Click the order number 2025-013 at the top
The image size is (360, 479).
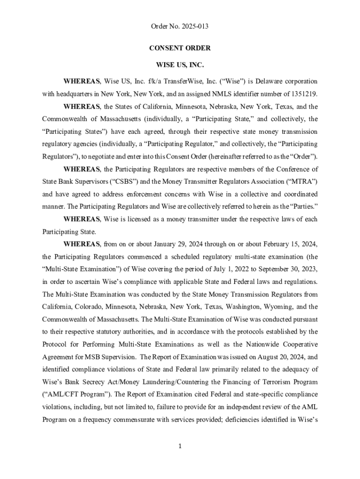click(x=193, y=27)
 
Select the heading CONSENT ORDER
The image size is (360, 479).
click(x=180, y=48)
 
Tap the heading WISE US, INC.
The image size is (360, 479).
click(x=180, y=65)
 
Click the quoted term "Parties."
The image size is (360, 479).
click(x=293, y=206)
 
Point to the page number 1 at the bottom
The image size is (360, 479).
click(x=180, y=446)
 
